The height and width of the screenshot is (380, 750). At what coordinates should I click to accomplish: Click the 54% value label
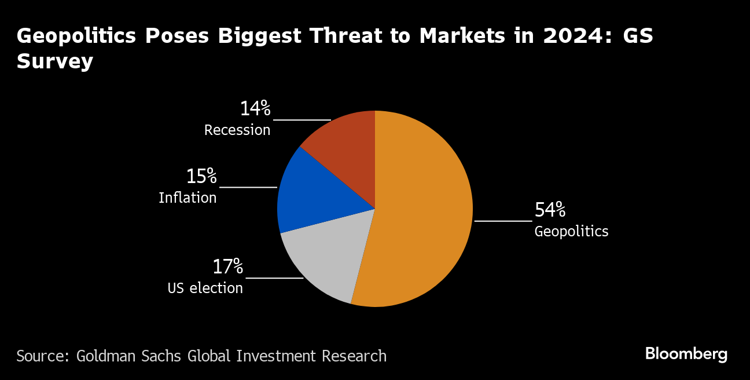coord(550,210)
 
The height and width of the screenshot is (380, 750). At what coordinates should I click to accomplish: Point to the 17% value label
coord(227,267)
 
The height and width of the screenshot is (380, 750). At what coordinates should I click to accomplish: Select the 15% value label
coord(201,176)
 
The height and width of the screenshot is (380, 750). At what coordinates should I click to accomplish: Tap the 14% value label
coord(255,108)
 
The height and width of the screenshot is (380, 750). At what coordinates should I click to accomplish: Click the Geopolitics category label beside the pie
coord(571,232)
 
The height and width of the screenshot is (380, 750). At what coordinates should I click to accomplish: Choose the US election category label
coord(205,288)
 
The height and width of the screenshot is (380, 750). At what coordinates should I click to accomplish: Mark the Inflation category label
coord(187,198)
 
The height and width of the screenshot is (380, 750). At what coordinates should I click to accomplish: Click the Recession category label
coord(237,130)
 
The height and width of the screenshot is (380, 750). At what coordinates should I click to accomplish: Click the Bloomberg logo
coord(686,354)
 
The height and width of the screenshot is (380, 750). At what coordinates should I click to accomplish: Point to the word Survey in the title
coord(55,61)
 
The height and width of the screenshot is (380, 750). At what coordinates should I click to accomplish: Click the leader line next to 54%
coord(503,221)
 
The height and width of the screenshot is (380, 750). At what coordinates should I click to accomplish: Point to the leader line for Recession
coord(302,120)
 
